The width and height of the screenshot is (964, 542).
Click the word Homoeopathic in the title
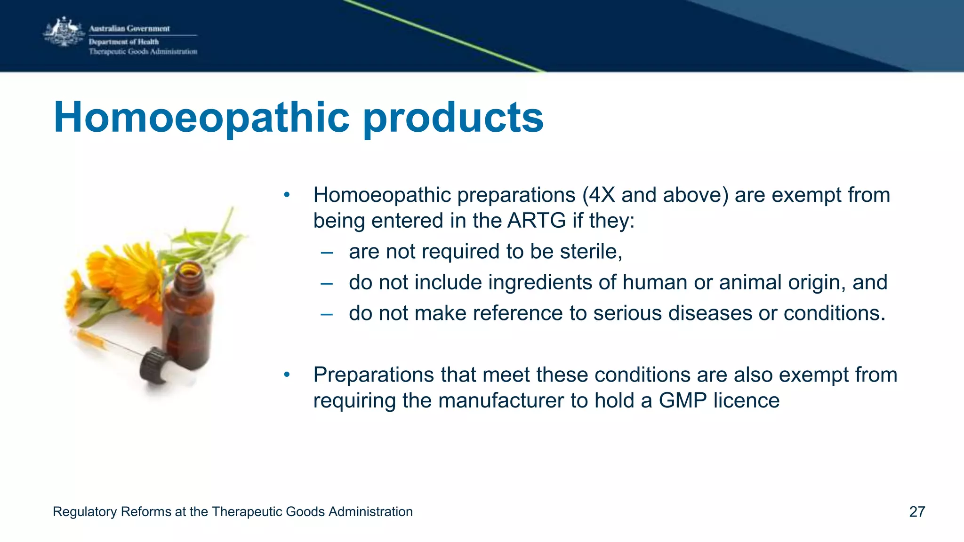click(201, 118)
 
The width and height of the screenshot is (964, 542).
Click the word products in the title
click(453, 118)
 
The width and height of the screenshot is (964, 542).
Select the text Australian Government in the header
click(129, 28)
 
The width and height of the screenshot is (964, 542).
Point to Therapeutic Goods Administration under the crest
click(143, 52)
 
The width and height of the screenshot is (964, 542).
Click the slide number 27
click(917, 512)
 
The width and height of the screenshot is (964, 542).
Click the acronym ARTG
click(536, 221)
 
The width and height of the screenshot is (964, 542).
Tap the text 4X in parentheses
click(602, 195)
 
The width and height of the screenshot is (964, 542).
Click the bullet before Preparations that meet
click(287, 375)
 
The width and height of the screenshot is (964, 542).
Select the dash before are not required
click(327, 253)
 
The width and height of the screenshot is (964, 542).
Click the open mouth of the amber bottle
click(191, 270)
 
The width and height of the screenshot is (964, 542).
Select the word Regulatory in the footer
click(85, 512)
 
